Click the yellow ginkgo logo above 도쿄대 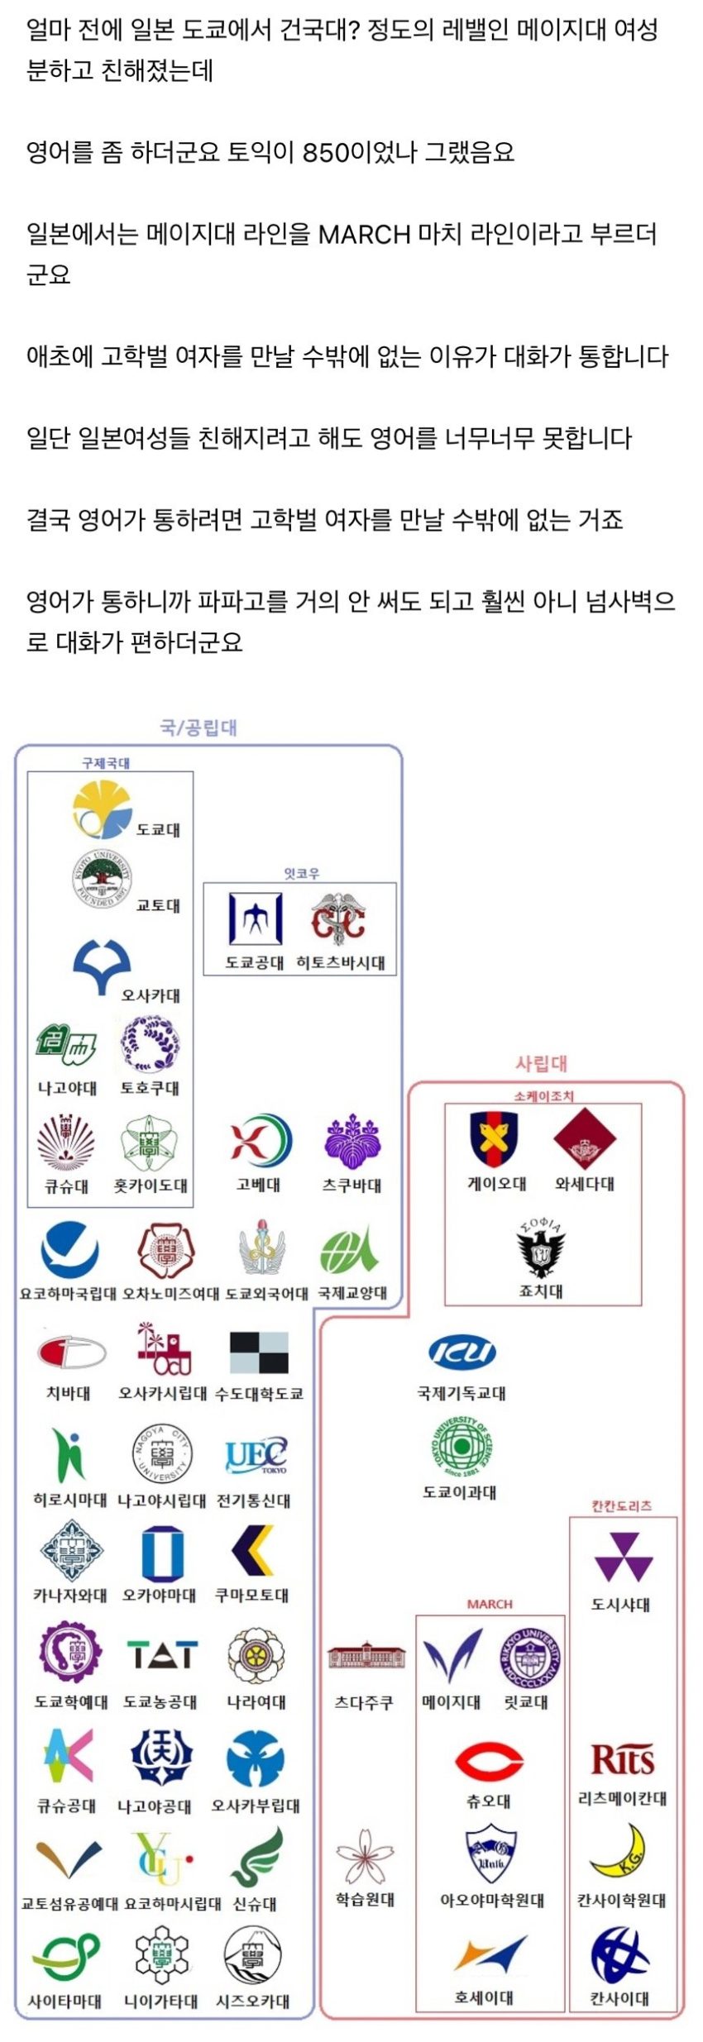102,809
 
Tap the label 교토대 158,905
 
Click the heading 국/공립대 198,728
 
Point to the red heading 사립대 542,1063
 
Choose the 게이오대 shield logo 494,1139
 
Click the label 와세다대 585,1184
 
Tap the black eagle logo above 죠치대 542,1249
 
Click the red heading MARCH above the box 490,1604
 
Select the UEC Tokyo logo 256,1454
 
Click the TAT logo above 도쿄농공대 162,1653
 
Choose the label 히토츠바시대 341,962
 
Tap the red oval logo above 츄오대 489,1762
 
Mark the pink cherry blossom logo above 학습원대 364,1856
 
